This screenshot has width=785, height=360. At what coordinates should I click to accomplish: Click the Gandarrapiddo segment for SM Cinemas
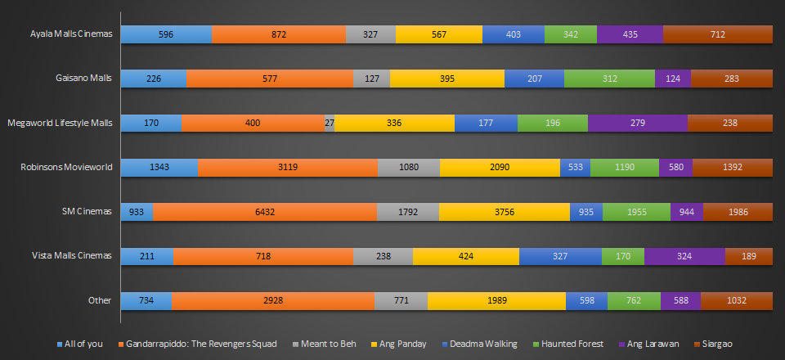265,211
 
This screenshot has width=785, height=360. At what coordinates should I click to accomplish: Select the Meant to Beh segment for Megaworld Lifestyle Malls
330,123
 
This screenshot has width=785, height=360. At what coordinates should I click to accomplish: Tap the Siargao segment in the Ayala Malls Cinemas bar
718,34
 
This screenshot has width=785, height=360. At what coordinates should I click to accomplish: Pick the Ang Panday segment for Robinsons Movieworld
500,167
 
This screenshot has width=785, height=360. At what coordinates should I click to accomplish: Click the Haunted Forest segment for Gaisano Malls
609,79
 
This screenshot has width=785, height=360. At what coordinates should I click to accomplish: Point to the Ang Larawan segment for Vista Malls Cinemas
684,255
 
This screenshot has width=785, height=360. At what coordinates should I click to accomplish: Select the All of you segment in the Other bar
146,299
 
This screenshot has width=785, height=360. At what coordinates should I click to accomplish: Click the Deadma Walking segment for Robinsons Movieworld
575,167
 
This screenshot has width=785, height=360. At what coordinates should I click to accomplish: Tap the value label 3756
504,211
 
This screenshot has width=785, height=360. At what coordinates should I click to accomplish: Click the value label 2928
273,299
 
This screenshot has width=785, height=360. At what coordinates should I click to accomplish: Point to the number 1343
159,167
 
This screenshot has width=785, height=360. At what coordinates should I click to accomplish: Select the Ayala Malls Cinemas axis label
70,34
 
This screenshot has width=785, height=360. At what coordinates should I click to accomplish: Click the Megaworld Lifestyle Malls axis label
59,123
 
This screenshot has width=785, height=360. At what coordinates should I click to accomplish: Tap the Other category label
100,299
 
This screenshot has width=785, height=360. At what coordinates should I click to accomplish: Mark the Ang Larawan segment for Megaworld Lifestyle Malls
638,123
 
